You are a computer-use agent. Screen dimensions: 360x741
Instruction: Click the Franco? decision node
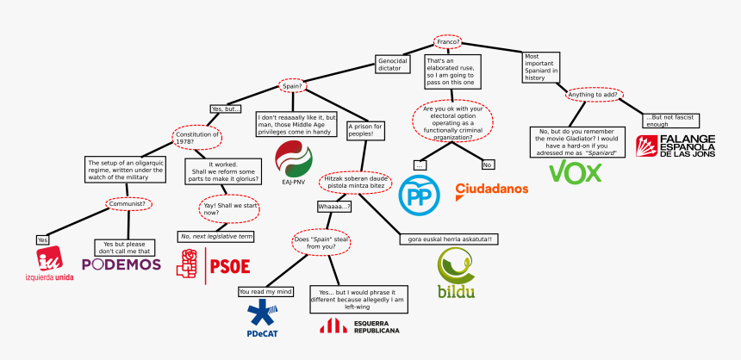click(x=447, y=41)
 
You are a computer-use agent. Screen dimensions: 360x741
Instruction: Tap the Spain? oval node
click(x=292, y=85)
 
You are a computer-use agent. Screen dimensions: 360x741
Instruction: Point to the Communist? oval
click(x=129, y=204)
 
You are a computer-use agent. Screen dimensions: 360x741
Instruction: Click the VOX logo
click(x=582, y=172)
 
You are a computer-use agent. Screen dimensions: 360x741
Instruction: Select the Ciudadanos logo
click(x=491, y=189)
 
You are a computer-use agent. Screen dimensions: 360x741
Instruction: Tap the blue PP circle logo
click(x=420, y=195)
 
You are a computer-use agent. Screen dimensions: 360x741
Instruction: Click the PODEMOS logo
click(x=121, y=264)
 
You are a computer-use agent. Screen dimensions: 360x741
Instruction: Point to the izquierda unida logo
click(x=49, y=264)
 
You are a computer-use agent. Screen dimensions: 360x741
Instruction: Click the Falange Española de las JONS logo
click(x=676, y=145)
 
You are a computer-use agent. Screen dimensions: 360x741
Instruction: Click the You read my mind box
click(x=265, y=291)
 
